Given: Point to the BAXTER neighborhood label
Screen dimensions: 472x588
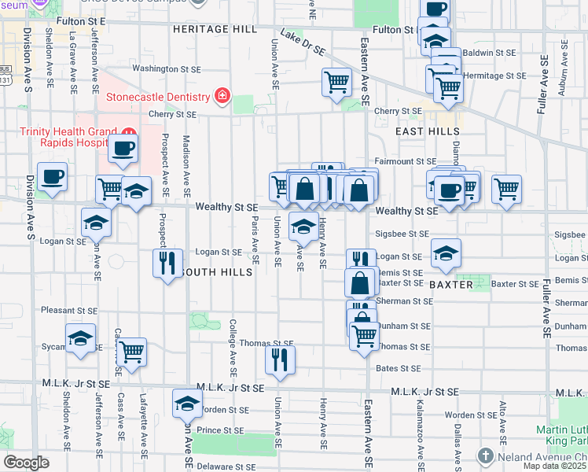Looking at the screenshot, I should coord(450,283).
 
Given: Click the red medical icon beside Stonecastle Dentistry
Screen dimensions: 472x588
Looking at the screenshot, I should coord(222,97).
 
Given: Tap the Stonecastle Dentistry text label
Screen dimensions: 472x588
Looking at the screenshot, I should coord(158,98).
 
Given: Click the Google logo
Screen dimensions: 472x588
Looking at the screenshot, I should coord(26,463).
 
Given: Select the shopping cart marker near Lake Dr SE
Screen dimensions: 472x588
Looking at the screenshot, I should coord(336,80).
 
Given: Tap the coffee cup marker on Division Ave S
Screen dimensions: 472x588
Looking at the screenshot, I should coord(52,175).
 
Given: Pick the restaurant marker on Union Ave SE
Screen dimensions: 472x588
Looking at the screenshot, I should coord(279,359).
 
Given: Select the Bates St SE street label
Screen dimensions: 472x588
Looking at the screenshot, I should coord(399,368).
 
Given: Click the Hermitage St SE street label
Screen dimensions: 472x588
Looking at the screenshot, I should coord(494,76).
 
